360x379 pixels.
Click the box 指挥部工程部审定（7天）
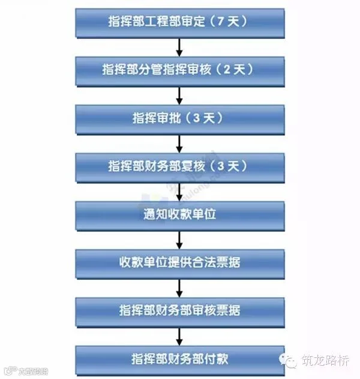(x=179, y=22)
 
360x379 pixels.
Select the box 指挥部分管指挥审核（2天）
(x=179, y=70)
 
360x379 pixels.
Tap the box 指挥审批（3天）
(x=179, y=118)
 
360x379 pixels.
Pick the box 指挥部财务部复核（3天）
(x=179, y=166)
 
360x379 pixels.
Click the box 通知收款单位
(x=179, y=214)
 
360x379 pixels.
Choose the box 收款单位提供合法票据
(x=179, y=262)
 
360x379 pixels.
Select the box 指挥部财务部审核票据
(x=179, y=311)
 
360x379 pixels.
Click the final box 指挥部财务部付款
(x=179, y=359)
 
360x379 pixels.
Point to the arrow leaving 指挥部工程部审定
(x=179, y=47)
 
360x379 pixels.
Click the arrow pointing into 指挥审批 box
(x=179, y=95)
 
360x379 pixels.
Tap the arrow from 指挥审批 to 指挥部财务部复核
(x=179, y=143)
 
